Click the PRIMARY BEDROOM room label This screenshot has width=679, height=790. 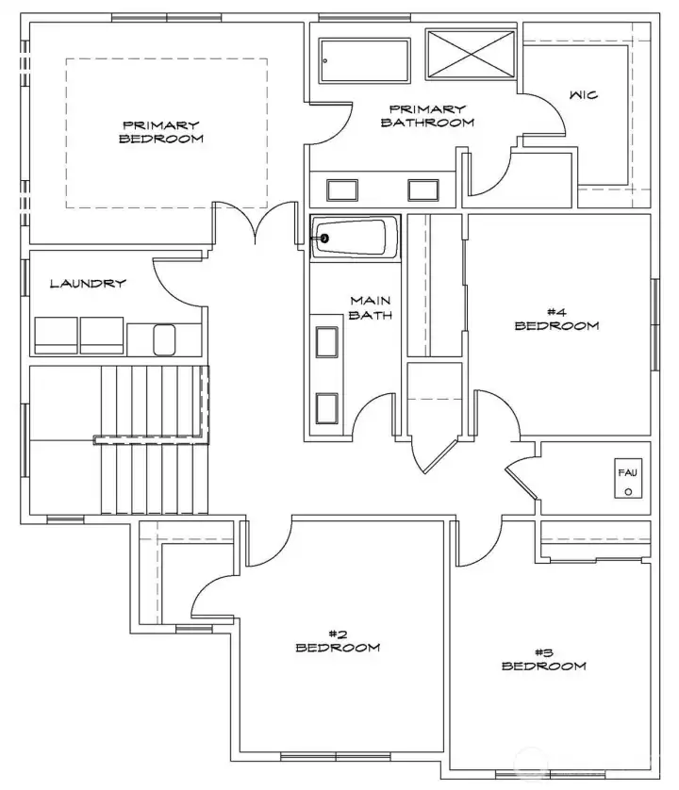point(161,131)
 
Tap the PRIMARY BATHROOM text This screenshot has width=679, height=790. point(426,115)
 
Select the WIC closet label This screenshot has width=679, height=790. point(583,95)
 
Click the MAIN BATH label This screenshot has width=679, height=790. point(371,307)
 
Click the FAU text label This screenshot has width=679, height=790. point(627,471)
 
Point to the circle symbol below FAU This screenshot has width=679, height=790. point(628,491)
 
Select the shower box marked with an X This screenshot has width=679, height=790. point(471,52)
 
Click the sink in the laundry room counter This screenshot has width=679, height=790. point(164,338)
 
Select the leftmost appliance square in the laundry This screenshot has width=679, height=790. point(55,336)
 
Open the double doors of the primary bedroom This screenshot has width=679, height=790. point(254,223)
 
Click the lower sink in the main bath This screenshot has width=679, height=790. point(326,407)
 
